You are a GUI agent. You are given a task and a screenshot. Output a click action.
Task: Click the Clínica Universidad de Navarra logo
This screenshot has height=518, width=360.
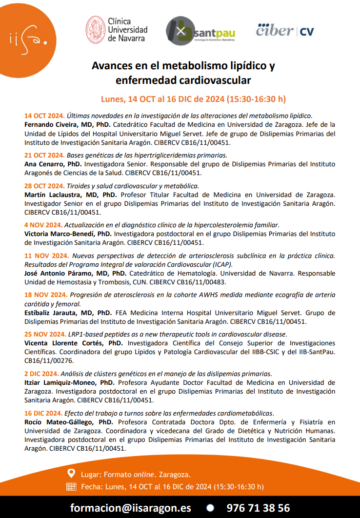coord(117,30)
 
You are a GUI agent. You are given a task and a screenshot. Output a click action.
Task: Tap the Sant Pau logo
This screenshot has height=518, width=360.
coord(200,32)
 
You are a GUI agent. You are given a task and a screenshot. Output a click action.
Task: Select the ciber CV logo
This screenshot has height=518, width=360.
coord(285,30)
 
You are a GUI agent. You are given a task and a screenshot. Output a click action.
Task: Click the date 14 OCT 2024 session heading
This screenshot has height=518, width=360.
coord(44,116)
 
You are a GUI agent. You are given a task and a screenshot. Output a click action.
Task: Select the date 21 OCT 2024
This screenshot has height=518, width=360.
coord(44,155)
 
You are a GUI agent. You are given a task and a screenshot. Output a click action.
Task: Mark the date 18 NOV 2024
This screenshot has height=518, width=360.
coord(45,295)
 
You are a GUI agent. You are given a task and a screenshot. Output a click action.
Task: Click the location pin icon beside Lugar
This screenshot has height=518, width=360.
coord(71,473)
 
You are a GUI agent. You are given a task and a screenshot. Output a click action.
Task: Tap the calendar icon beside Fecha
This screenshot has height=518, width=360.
coord(71,486)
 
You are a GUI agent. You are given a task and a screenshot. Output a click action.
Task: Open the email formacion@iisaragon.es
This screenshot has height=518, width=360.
coord(131,507)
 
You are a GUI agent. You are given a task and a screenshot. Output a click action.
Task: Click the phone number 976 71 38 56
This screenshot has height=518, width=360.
coord(258,507)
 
